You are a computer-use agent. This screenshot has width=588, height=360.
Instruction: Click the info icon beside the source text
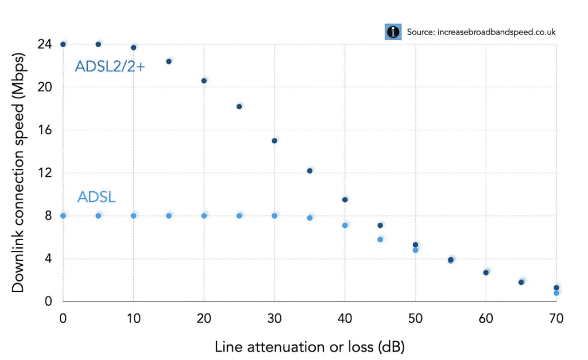point(393,32)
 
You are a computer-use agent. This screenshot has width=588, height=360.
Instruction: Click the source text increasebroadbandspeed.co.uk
point(481,32)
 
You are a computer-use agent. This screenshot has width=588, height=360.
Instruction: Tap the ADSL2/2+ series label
point(110,67)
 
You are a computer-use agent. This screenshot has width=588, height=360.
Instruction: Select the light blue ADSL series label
point(96,198)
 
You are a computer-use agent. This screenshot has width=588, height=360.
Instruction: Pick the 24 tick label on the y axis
point(45,44)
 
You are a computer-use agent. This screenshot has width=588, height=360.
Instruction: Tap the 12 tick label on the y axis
point(45,173)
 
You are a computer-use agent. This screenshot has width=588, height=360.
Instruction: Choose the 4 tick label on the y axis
point(48,258)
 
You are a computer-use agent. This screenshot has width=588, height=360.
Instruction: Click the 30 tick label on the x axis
point(274,317)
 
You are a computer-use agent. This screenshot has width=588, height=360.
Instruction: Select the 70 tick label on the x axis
point(556,317)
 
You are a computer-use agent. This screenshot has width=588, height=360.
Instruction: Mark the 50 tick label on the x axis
point(415,317)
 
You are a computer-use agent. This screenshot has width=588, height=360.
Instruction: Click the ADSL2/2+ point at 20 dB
point(204,81)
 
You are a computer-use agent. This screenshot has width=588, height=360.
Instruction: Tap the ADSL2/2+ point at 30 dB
point(274,141)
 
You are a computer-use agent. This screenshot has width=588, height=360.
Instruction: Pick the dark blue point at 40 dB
point(345,200)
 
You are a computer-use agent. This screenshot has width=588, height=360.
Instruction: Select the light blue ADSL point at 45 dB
point(380,239)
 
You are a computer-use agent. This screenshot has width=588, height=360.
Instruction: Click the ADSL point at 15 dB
point(169,216)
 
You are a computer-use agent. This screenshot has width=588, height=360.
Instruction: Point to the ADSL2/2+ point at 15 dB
point(169,61)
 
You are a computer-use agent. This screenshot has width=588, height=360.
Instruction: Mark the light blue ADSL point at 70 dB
point(556,293)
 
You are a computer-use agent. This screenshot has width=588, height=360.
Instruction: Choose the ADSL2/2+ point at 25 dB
point(239,106)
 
